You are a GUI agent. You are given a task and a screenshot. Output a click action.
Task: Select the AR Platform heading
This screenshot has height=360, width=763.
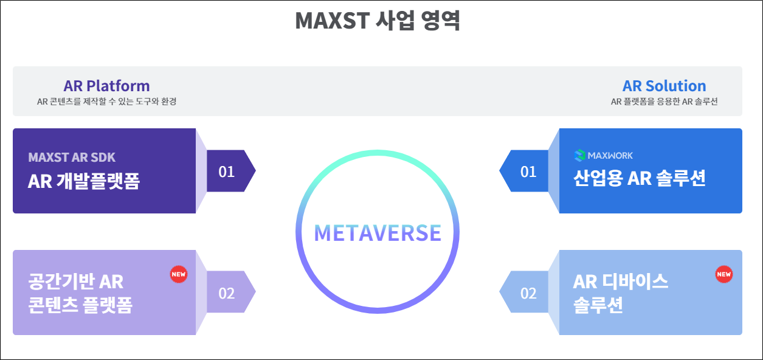[106, 86]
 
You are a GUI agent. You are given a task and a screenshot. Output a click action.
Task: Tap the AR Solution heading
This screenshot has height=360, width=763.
[664, 86]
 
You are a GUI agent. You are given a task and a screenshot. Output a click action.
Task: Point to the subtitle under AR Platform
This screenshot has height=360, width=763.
[106, 102]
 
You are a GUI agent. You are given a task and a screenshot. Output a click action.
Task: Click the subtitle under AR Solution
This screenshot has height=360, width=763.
[664, 102]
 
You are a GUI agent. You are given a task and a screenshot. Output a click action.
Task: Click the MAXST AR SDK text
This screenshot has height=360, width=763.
[72, 157]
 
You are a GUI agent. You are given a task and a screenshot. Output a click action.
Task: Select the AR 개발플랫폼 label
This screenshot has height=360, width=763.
[84, 181]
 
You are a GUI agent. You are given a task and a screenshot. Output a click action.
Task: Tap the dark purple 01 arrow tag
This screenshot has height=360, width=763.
[228, 171]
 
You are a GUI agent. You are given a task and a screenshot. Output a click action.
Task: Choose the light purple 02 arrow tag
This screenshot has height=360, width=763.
[228, 292]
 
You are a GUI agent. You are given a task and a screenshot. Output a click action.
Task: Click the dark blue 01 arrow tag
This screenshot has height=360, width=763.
[527, 171]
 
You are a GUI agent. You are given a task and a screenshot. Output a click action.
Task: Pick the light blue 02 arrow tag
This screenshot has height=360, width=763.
[527, 292]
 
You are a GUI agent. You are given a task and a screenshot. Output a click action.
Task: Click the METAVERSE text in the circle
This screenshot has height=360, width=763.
[378, 233]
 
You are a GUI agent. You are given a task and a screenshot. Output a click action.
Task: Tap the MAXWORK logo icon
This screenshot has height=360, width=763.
[579, 156]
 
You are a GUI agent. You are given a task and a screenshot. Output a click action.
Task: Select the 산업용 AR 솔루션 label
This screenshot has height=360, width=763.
[640, 178]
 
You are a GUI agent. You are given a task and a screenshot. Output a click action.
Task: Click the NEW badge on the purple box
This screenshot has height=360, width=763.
[179, 274]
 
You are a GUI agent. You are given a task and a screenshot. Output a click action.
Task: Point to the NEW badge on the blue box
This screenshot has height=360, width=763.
[724, 274]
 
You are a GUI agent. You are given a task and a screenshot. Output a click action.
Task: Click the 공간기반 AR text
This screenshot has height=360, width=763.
[76, 282]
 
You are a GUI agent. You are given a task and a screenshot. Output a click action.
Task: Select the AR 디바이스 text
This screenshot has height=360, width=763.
[621, 282]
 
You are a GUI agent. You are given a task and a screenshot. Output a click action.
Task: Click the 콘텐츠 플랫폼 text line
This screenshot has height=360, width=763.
[80, 305]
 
